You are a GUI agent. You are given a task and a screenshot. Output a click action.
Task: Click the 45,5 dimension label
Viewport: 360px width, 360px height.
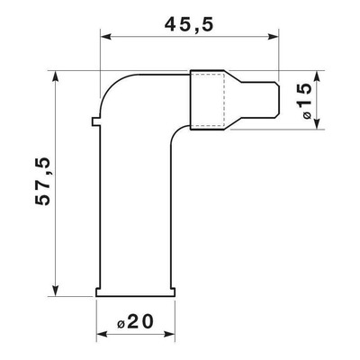[189, 24]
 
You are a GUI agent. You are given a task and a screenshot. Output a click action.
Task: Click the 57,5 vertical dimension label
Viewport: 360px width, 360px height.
[42, 182]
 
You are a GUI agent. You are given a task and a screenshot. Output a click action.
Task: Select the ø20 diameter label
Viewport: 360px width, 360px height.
[135, 322]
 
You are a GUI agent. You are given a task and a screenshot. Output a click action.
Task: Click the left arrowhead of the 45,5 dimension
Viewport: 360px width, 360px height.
[106, 37]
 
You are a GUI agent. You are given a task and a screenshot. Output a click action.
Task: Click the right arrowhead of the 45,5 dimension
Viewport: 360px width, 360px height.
[274, 37]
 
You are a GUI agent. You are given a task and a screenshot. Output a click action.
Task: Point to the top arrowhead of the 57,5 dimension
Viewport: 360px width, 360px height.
[55, 76]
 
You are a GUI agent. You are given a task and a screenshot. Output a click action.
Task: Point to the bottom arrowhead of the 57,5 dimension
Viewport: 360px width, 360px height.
[55, 291]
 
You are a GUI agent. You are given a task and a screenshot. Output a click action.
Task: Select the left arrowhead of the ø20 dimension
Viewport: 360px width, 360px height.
[102, 334]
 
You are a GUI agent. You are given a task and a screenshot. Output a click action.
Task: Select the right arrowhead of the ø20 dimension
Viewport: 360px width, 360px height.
[169, 334]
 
